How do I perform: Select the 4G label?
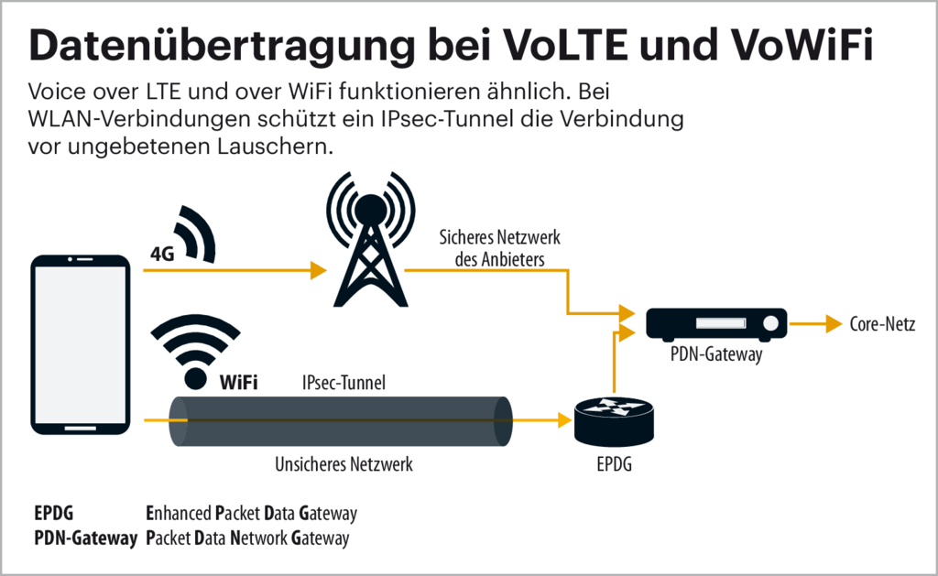coord(162,255)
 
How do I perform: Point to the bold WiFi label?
coord(238,382)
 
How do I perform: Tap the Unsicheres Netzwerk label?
coord(344,464)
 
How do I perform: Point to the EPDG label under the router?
coord(614,465)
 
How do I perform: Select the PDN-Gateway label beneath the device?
coord(716,355)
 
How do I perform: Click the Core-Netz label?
coord(880,323)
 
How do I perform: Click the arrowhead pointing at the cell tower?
coord(319,270)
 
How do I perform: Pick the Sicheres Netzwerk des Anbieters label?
coord(500,248)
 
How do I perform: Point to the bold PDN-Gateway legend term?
coord(84,538)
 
